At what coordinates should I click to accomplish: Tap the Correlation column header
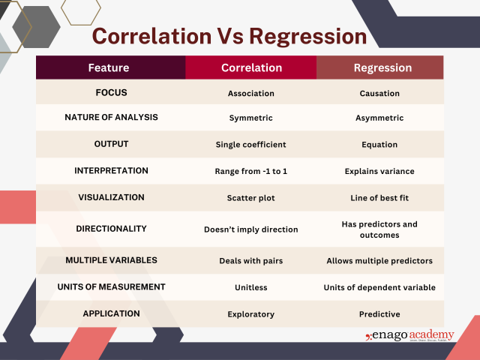(251, 67)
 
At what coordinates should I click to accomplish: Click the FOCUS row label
(111, 94)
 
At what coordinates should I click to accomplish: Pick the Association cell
(251, 94)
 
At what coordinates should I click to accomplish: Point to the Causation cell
(379, 94)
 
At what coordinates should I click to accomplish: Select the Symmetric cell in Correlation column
(251, 118)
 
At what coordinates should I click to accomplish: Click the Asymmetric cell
(379, 118)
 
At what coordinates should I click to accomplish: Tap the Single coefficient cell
(251, 145)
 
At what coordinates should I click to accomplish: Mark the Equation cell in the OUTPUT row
(379, 145)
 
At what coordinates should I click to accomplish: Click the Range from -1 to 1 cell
(251, 171)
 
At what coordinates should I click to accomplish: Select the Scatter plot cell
(251, 198)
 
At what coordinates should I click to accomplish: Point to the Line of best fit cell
(379, 198)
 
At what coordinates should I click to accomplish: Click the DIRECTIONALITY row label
(111, 228)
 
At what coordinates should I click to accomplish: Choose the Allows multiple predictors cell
(379, 261)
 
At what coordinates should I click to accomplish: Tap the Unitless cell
(251, 287)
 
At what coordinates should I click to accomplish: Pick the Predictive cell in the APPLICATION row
(379, 314)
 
